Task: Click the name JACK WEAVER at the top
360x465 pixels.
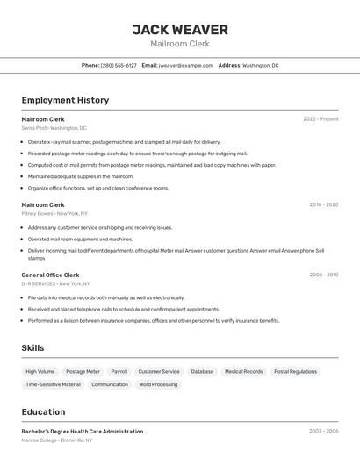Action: click(179, 30)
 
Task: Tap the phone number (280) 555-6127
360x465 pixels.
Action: click(119, 65)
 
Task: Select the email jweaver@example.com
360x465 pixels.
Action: click(186, 65)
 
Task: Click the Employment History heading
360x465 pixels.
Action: click(65, 100)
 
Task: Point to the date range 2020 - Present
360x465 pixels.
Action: click(320, 119)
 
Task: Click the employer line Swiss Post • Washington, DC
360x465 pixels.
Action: click(54, 128)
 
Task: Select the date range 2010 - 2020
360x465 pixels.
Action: click(323, 204)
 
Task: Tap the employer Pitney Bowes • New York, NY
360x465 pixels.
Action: click(54, 213)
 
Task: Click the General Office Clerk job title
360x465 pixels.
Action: click(50, 275)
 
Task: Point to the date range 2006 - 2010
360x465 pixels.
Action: click(323, 275)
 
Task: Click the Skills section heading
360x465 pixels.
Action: click(32, 348)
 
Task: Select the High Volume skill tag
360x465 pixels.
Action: click(40, 371)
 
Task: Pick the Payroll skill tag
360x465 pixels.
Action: click(119, 371)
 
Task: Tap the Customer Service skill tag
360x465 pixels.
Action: click(159, 371)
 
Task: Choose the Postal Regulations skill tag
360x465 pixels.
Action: click(295, 371)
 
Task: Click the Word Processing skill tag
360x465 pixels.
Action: click(158, 384)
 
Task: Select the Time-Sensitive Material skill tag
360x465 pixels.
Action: click(53, 384)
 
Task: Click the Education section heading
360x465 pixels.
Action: click(43, 411)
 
